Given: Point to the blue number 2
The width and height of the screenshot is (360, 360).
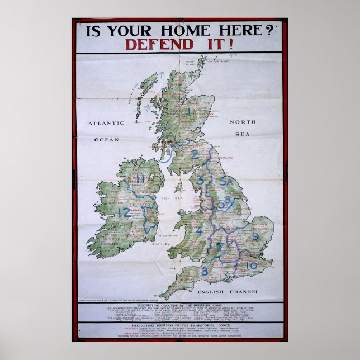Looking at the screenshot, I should point(195,155).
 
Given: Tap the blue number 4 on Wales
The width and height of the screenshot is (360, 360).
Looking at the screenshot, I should point(199,230).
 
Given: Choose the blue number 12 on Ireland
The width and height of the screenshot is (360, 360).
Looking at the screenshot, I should point(124,212).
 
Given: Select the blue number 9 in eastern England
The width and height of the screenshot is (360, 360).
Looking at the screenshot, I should point(255,236).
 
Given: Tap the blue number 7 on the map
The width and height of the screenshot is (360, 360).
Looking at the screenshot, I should point(219,247).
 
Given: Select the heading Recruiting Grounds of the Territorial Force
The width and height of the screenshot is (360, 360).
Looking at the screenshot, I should point(180,324).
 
